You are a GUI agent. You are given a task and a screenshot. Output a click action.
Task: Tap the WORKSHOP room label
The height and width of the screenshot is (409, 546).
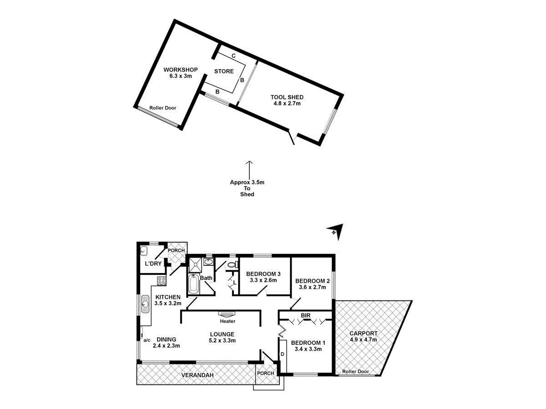[x=181, y=70]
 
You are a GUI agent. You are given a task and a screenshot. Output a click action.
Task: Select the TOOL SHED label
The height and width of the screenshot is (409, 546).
[x=287, y=97]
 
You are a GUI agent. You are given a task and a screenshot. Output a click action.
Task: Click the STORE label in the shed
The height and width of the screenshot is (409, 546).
[x=224, y=71]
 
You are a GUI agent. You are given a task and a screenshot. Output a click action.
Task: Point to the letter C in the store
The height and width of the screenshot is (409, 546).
[x=233, y=55]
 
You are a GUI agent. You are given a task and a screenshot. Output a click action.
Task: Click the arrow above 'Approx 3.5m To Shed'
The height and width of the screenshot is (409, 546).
[x=248, y=168]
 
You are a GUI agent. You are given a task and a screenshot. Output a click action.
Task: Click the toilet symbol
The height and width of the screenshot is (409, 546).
[x=232, y=265]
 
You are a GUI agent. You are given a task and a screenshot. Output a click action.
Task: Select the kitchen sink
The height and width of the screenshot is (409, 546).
[x=145, y=303]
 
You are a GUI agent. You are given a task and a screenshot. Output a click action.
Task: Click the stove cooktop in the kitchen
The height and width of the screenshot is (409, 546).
[x=161, y=280]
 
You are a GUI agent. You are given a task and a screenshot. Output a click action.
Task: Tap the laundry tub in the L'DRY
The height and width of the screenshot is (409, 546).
[x=144, y=250]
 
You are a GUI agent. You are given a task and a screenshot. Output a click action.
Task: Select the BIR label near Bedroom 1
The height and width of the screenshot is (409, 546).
[x=305, y=314]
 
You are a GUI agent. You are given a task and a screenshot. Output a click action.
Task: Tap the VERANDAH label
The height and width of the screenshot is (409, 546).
[x=198, y=375]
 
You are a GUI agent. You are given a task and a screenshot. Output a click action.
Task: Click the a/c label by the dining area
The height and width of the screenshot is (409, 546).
[x=147, y=339]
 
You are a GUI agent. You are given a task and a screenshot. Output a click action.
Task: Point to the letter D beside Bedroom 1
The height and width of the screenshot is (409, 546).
[x=282, y=354]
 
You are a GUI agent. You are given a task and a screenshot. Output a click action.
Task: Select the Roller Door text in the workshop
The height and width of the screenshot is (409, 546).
[x=162, y=108]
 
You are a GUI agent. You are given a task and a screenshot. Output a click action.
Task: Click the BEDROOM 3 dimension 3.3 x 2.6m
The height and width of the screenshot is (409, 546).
[x=263, y=281]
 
